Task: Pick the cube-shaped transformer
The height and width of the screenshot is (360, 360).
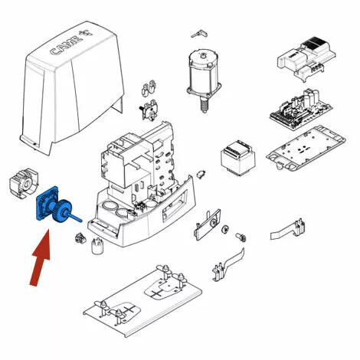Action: [238, 158]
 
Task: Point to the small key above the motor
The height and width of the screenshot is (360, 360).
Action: [199, 34]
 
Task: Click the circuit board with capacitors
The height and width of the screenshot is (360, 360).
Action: [301, 110]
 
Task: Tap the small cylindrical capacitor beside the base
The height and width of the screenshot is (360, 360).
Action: [97, 246]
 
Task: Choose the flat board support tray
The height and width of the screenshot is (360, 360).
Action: [306, 149]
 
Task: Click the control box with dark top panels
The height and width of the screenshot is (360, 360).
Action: [306, 59]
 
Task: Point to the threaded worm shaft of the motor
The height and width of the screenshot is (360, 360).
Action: [204, 105]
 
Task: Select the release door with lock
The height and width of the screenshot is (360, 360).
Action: [208, 224]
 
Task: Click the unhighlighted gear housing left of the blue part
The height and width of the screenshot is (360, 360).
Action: [24, 183]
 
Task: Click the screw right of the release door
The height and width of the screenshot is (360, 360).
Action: [240, 237]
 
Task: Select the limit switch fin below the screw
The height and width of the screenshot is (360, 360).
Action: [228, 266]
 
